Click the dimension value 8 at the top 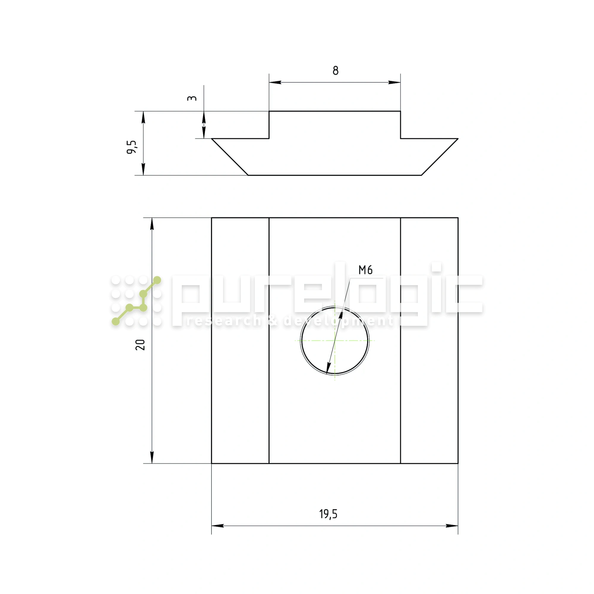click(x=335, y=71)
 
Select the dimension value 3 click(x=192, y=98)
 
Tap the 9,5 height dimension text click(x=132, y=147)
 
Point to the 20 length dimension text click(x=140, y=345)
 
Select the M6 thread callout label click(x=366, y=270)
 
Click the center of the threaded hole click(x=335, y=340)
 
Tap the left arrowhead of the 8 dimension click(x=275, y=82)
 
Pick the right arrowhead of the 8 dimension click(x=394, y=82)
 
